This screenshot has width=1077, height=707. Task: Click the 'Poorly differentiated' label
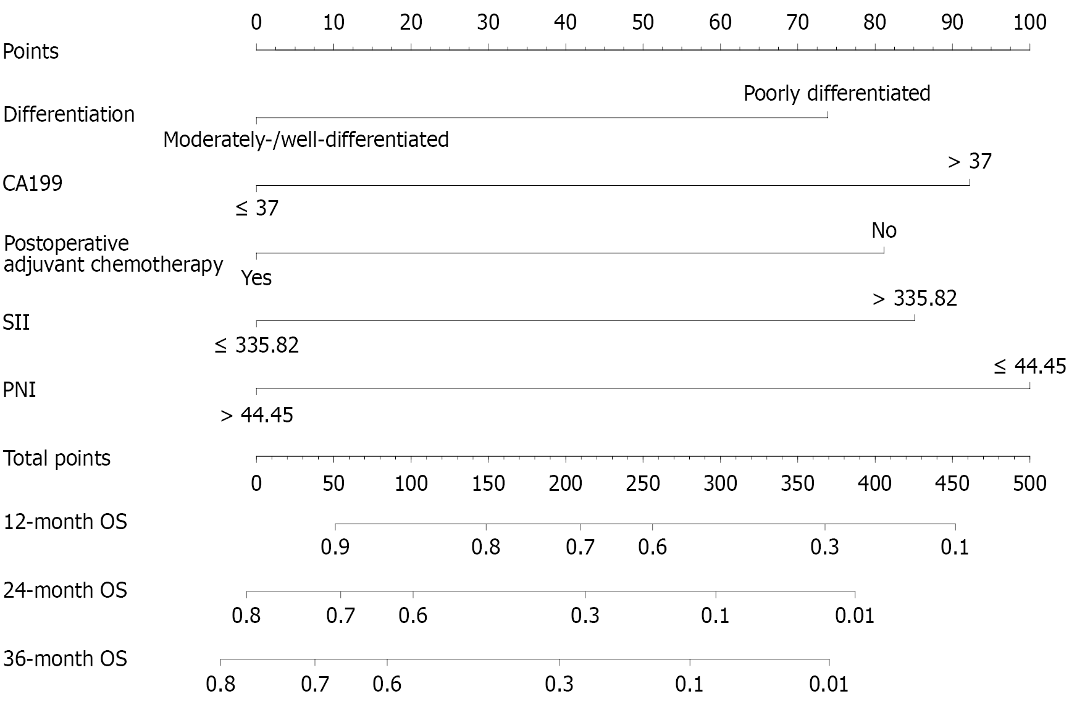(836, 94)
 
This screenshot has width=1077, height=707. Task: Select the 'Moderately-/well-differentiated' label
(306, 140)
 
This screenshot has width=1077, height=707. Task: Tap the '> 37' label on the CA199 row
(969, 162)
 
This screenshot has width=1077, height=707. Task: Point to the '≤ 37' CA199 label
(257, 209)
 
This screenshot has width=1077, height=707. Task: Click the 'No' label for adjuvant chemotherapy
(884, 231)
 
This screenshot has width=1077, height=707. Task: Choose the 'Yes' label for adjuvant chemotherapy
(256, 278)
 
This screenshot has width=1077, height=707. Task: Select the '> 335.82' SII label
(915, 299)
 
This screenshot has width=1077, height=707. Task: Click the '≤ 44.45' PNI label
(1029, 367)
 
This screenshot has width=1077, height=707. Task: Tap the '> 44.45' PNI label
(257, 415)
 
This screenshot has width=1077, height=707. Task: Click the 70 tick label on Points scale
(797, 23)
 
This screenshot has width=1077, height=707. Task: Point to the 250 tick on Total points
(643, 483)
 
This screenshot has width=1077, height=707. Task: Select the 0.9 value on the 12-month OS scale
(335, 547)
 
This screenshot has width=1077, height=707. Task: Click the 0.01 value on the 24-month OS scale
(855, 616)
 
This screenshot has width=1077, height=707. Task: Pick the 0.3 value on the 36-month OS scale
(559, 684)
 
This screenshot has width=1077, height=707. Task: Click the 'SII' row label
(17, 323)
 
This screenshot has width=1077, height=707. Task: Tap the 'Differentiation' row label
(69, 115)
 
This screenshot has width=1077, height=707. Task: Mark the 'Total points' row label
(57, 459)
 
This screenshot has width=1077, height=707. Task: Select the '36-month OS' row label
(65, 659)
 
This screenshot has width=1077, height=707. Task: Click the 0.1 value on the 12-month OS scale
(955, 547)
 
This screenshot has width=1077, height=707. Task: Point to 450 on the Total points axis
(952, 483)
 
